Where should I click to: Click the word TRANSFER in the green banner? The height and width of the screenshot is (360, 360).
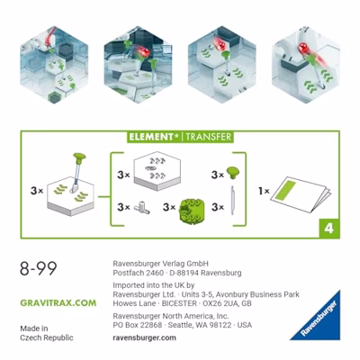pos(208,137)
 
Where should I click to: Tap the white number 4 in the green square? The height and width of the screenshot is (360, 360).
pos(328,229)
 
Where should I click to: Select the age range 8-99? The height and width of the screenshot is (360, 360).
pos(39,268)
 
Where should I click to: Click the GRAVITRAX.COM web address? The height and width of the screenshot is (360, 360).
pos(58,302)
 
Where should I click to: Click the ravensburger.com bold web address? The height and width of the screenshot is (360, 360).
pos(144,337)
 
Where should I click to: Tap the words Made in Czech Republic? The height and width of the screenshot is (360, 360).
pos(47,333)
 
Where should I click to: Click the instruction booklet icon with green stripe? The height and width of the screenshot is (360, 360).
pos(301,194)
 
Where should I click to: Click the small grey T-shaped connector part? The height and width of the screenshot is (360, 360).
pos(141,208)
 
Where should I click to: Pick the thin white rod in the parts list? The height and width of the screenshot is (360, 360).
pos(232,201)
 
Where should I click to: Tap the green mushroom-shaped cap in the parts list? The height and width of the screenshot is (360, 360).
pos(233,173)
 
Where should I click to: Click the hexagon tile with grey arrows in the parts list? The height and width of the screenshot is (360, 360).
pos(157,171)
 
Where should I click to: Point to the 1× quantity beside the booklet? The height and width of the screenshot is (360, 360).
pos(264,191)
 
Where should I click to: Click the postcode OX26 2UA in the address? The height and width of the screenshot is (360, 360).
pos(220,303)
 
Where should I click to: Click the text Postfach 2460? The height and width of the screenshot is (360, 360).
pos(138,273)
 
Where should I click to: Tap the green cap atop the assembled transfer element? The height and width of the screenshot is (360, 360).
pos(79,157)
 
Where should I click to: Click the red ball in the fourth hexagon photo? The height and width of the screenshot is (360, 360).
pos(305,49)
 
